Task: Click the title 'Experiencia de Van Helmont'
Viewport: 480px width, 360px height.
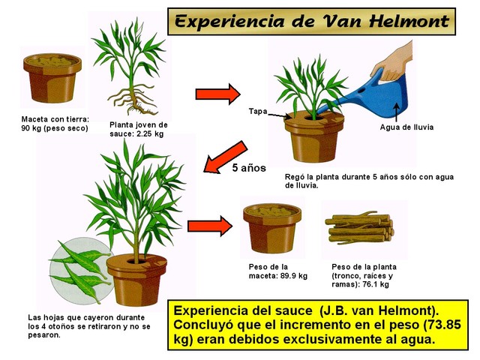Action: pyautogui.click(x=312, y=22)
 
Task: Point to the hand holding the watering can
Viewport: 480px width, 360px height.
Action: pyautogui.click(x=393, y=61)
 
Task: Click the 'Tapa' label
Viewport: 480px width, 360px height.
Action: pyautogui.click(x=258, y=111)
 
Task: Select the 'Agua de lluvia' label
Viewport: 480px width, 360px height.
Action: pyautogui.click(x=406, y=127)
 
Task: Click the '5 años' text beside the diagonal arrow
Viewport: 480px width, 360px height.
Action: pyautogui.click(x=249, y=168)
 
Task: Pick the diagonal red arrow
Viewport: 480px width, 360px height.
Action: pyautogui.click(x=225, y=157)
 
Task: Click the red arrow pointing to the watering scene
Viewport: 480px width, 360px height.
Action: pyautogui.click(x=217, y=94)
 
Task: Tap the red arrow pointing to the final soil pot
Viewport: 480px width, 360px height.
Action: pyautogui.click(x=210, y=226)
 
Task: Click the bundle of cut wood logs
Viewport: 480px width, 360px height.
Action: pyautogui.click(x=359, y=228)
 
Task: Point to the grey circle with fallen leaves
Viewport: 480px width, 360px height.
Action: pyautogui.click(x=79, y=271)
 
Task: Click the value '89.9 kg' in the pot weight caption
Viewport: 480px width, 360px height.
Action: pyautogui.click(x=293, y=275)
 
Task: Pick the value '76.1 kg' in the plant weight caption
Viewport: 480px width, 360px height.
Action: pyautogui.click(x=375, y=284)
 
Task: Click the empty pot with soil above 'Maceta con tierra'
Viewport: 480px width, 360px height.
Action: pyautogui.click(x=52, y=78)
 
